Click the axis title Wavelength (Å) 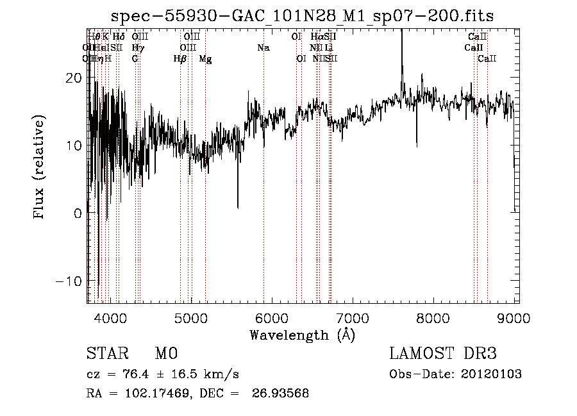(x=302, y=335)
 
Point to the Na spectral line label (x=263, y=47)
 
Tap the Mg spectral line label (x=205, y=59)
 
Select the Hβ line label (x=180, y=59)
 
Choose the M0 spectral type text (x=165, y=354)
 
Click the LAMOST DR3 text (x=442, y=354)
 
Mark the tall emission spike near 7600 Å (x=402, y=45)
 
